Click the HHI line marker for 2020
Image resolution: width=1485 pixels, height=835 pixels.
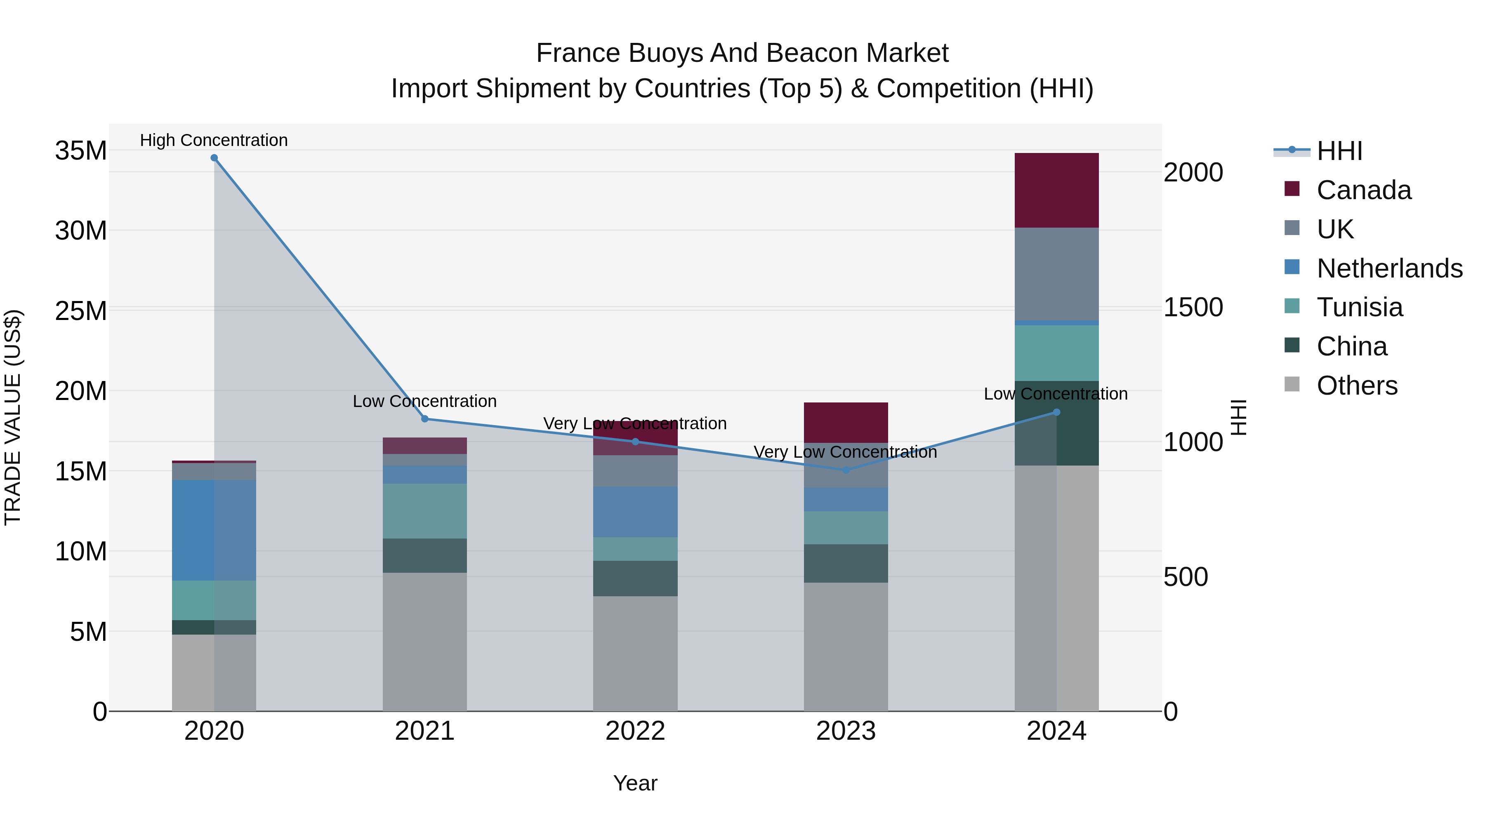pyautogui.click(x=214, y=158)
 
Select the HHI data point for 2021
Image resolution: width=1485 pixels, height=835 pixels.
pyautogui.click(x=425, y=419)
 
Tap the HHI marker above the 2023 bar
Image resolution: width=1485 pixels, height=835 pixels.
pyautogui.click(x=846, y=470)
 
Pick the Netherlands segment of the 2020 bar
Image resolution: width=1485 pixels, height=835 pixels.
pyautogui.click(x=214, y=530)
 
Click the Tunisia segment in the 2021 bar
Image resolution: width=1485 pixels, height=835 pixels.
pyautogui.click(x=425, y=511)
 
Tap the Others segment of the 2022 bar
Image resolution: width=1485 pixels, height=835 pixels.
pyautogui.click(x=635, y=654)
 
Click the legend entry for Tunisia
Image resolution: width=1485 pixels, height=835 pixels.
pyautogui.click(x=1359, y=307)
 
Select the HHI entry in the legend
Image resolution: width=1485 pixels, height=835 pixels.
pyautogui.click(x=1339, y=151)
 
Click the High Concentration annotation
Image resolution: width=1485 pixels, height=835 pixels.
pyautogui.click(x=214, y=140)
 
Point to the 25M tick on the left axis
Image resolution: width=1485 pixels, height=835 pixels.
pyautogui.click(x=81, y=311)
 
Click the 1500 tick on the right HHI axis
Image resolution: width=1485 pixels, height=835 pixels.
pyautogui.click(x=1193, y=307)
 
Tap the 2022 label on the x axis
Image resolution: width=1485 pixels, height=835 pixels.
pyautogui.click(x=635, y=731)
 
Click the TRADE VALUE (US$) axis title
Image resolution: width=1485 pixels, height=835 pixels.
pyautogui.click(x=13, y=417)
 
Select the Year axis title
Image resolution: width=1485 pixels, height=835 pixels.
pyautogui.click(x=635, y=783)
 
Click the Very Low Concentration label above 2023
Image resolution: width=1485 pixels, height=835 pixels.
pyautogui.click(x=845, y=452)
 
